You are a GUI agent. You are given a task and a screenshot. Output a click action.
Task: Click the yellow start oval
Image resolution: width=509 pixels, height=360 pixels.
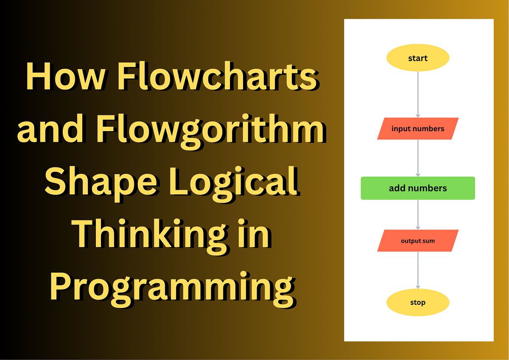418,58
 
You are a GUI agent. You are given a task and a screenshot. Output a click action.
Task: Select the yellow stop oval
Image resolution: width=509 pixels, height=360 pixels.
418,303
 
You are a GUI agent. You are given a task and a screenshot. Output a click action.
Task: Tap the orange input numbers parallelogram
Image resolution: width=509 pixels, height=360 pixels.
418,129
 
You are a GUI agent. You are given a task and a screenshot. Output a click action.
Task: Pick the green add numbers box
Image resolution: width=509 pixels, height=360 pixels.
418,188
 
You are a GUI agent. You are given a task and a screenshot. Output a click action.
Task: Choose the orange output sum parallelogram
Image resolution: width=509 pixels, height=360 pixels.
418,241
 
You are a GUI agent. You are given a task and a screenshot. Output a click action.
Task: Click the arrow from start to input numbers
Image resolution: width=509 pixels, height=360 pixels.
418,93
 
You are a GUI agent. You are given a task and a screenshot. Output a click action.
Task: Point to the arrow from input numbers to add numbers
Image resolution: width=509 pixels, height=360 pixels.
418,158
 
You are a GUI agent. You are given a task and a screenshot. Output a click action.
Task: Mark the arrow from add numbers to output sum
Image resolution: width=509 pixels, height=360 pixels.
418,214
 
